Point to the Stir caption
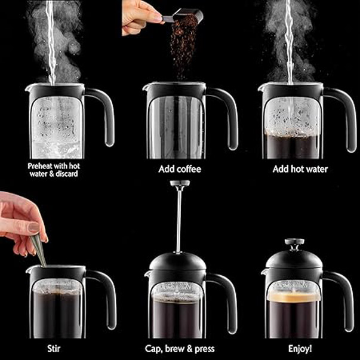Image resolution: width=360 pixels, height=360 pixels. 54,349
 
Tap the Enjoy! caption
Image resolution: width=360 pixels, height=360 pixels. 300,349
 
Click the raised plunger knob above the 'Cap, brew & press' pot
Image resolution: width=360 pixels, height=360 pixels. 180,183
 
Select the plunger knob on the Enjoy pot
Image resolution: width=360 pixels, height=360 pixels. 294,242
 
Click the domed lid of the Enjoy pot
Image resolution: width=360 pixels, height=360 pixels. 294,259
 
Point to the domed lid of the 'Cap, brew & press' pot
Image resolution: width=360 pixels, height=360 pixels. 178,261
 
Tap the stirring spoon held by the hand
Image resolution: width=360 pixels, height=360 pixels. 39,251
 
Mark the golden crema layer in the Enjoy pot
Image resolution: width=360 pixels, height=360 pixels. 294,297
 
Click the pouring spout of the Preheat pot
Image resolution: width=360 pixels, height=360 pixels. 29,88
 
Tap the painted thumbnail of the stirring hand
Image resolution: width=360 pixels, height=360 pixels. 34,227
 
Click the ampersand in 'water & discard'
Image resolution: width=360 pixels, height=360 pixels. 51,174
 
